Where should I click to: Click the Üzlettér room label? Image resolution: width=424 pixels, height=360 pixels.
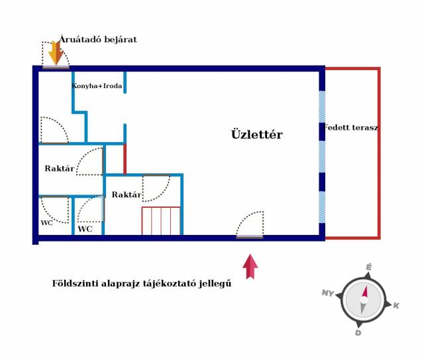pyautogui.click(x=256, y=134)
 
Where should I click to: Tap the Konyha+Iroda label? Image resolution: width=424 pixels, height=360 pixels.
pyautogui.click(x=97, y=85)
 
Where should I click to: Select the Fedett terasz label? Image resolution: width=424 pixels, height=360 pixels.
pyautogui.click(x=351, y=127)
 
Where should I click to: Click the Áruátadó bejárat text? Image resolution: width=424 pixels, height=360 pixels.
pyautogui.click(x=98, y=40)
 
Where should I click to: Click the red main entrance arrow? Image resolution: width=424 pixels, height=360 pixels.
pyautogui.click(x=250, y=267)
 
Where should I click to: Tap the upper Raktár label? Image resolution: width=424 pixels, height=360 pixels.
pyautogui.click(x=59, y=169)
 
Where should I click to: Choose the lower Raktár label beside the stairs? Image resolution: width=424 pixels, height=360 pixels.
pyautogui.click(x=126, y=195)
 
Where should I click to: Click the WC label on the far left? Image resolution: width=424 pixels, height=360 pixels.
pyautogui.click(x=46, y=223)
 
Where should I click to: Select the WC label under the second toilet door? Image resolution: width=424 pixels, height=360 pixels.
pyautogui.click(x=85, y=229)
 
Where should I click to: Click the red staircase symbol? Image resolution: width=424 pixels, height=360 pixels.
pyautogui.click(x=161, y=220)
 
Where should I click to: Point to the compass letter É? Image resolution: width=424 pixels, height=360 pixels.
pyautogui.click(x=369, y=267)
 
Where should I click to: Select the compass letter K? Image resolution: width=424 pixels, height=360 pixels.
pyautogui.click(x=396, y=305)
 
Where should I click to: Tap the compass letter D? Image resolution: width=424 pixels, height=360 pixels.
pyautogui.click(x=358, y=332)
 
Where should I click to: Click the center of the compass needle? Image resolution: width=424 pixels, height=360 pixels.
pyautogui.click(x=363, y=299)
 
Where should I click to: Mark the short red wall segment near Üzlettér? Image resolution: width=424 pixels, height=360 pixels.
pyautogui.click(x=125, y=159)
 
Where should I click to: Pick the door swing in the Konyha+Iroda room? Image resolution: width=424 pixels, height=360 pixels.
pyautogui.click(x=53, y=130)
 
